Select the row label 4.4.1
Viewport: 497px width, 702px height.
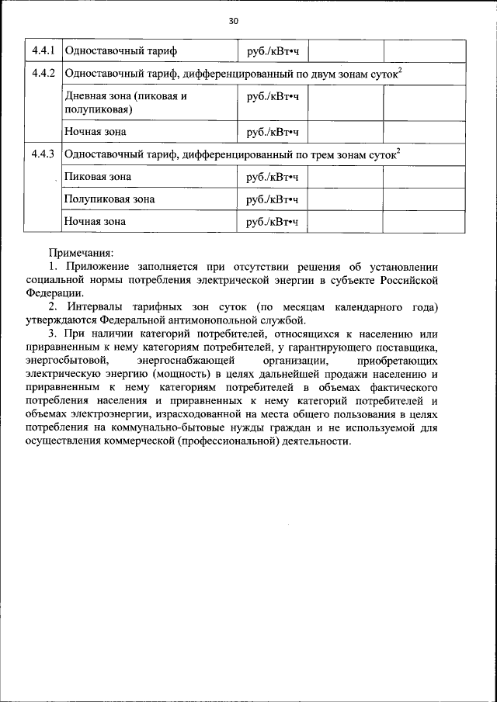(42, 52)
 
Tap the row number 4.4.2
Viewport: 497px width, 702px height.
(42, 75)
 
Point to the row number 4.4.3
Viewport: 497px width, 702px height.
(42, 154)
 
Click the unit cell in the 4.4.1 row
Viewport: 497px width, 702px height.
(272, 52)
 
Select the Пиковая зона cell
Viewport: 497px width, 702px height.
(97, 177)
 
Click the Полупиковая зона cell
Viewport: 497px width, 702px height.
(109, 199)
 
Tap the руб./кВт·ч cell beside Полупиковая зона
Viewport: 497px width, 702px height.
(272, 199)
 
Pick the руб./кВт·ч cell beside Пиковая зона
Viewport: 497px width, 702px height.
(272, 177)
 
